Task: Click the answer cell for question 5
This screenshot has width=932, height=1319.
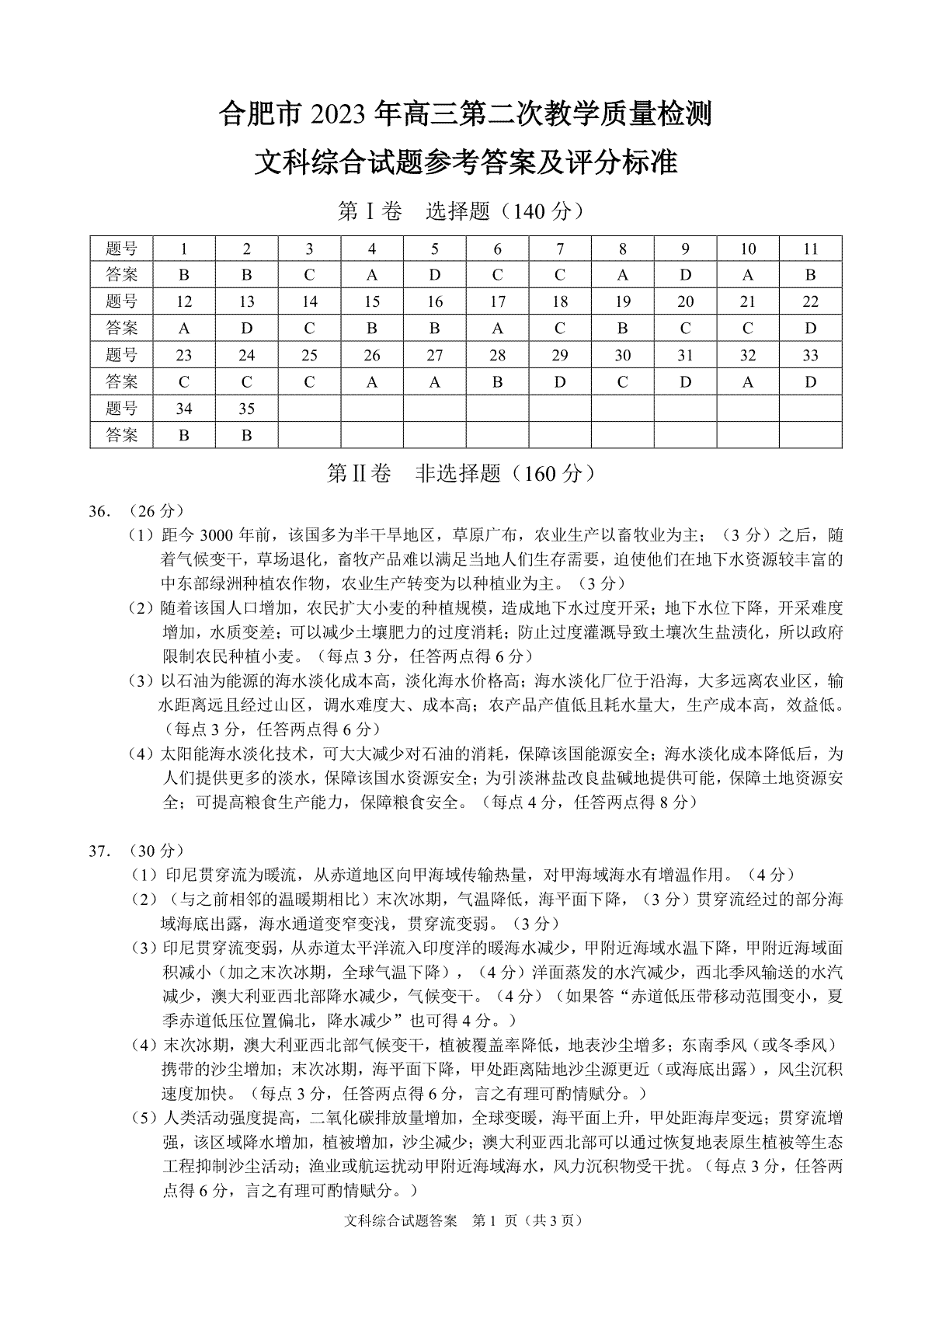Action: (x=435, y=275)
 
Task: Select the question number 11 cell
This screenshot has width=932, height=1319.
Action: (x=811, y=249)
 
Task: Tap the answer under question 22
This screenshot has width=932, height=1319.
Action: (x=811, y=329)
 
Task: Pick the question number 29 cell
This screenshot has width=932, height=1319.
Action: (x=560, y=356)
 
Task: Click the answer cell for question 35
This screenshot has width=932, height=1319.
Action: (x=247, y=436)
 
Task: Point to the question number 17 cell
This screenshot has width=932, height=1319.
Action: (x=498, y=302)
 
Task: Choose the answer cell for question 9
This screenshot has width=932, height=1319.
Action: (x=685, y=275)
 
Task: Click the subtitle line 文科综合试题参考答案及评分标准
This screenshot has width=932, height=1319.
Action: (x=466, y=163)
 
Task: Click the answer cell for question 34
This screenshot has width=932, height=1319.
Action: (x=184, y=436)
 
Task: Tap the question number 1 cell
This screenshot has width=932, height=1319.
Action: (x=184, y=249)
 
